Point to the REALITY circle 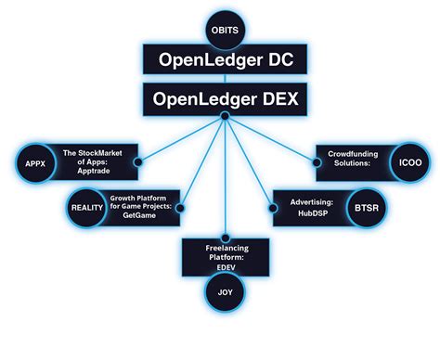click(x=86, y=207)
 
